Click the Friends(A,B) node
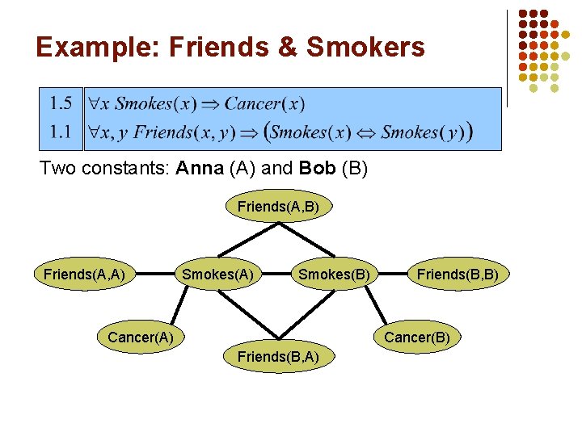tap(278, 207)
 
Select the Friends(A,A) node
tap(84, 275)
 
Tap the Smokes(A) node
tap(217, 275)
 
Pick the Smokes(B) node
tap(334, 275)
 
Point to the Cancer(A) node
tap(141, 337)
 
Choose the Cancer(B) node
tap(416, 337)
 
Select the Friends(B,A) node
tap(278, 356)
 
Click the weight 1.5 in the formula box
tap(61, 103)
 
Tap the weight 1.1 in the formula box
tap(61, 132)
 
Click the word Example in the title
tap(96, 47)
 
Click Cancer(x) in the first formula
tap(264, 103)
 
